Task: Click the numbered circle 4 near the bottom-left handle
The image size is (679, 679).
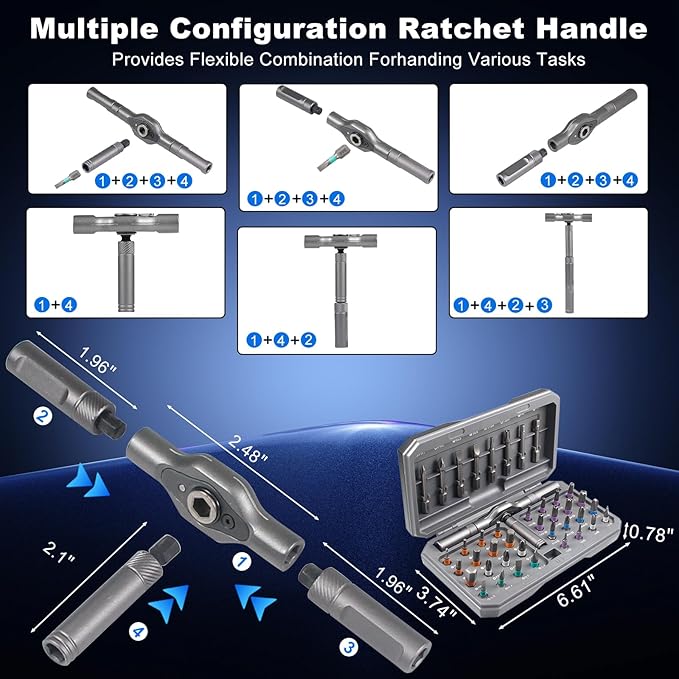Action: click(x=137, y=631)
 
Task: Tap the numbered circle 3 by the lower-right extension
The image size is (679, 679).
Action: click(x=348, y=647)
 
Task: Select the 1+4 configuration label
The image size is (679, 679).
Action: click(x=56, y=304)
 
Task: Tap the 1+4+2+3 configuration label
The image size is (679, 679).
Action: click(x=503, y=304)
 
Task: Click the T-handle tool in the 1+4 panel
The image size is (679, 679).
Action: click(x=129, y=251)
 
